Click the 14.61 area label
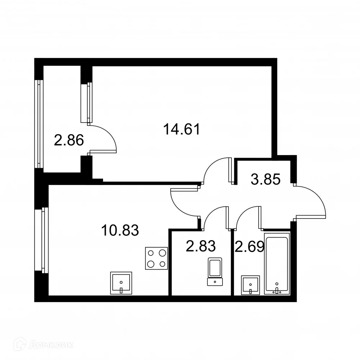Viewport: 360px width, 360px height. [181, 129]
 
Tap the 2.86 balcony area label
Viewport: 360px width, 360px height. [69, 139]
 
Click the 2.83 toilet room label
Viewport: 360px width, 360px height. [201, 247]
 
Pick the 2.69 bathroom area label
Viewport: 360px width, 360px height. [249, 247]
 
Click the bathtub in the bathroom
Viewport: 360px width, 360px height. [277, 264]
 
